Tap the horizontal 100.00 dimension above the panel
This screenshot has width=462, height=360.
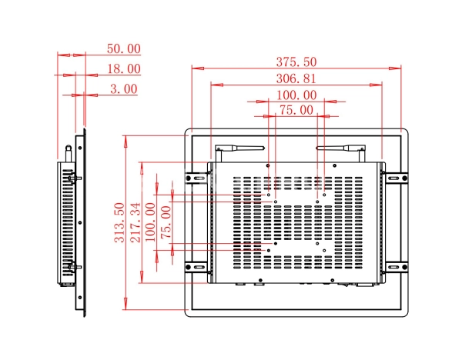[296, 95]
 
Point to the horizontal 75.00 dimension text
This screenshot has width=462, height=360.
[296, 110]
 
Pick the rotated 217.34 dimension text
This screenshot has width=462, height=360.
[136, 222]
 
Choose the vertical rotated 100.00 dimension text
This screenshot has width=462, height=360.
[151, 222]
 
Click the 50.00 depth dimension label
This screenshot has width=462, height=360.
[123, 48]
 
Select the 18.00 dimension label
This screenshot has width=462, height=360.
[123, 68]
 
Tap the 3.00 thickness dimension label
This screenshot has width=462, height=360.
[123, 88]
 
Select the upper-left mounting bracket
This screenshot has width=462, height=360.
[197, 178]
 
